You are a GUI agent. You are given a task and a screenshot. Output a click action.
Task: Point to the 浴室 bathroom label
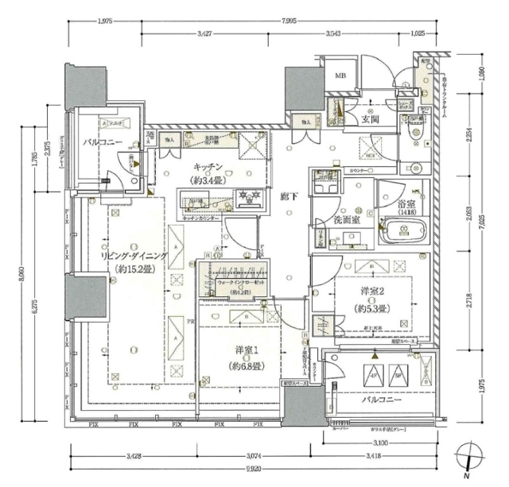402,204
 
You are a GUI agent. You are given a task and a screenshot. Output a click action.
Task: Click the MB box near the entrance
340,76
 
